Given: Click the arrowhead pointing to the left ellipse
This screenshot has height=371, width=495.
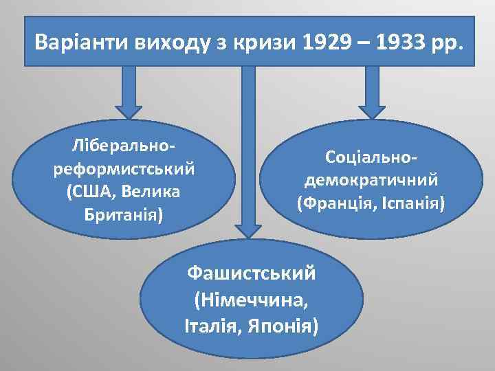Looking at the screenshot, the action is click(x=128, y=111).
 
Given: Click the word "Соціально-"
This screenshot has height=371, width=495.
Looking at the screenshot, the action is click(x=371, y=157).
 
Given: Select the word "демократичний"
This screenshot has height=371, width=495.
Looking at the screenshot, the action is click(x=371, y=180).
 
